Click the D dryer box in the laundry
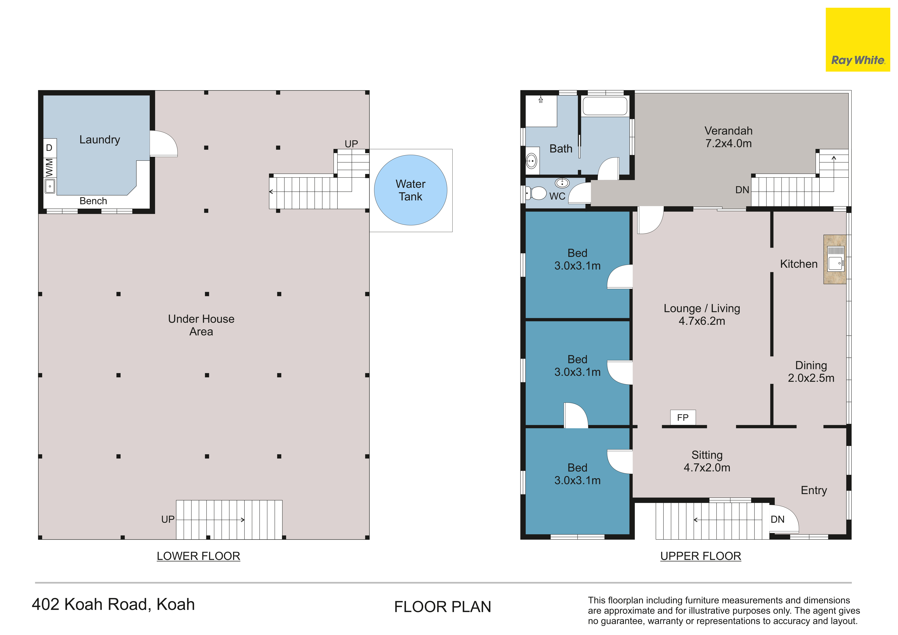pyautogui.click(x=49, y=148)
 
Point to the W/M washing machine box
pyautogui.click(x=49, y=167)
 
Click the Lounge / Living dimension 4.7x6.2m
pyautogui.click(x=702, y=321)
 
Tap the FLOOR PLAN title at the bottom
pyautogui.click(x=442, y=606)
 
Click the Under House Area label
pyautogui.click(x=201, y=325)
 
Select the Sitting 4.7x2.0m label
pyautogui.click(x=707, y=461)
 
